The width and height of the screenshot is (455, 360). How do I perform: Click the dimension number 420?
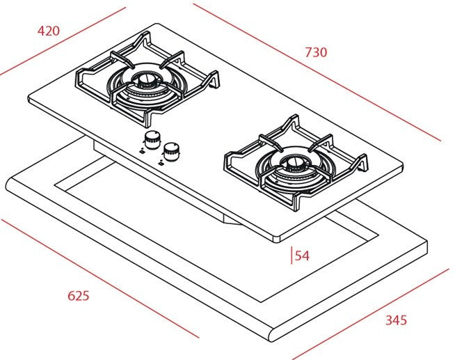pos(49,31)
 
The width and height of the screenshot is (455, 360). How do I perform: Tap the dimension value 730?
pos(315,52)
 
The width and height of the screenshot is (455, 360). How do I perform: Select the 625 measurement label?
pos(79,295)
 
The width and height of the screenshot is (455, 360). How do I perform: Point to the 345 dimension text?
pos(396,320)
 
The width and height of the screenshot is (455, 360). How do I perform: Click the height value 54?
pos(302,256)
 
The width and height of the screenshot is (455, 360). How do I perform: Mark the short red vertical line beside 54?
pos(292,256)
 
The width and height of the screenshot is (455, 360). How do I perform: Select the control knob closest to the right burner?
pos(171,148)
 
